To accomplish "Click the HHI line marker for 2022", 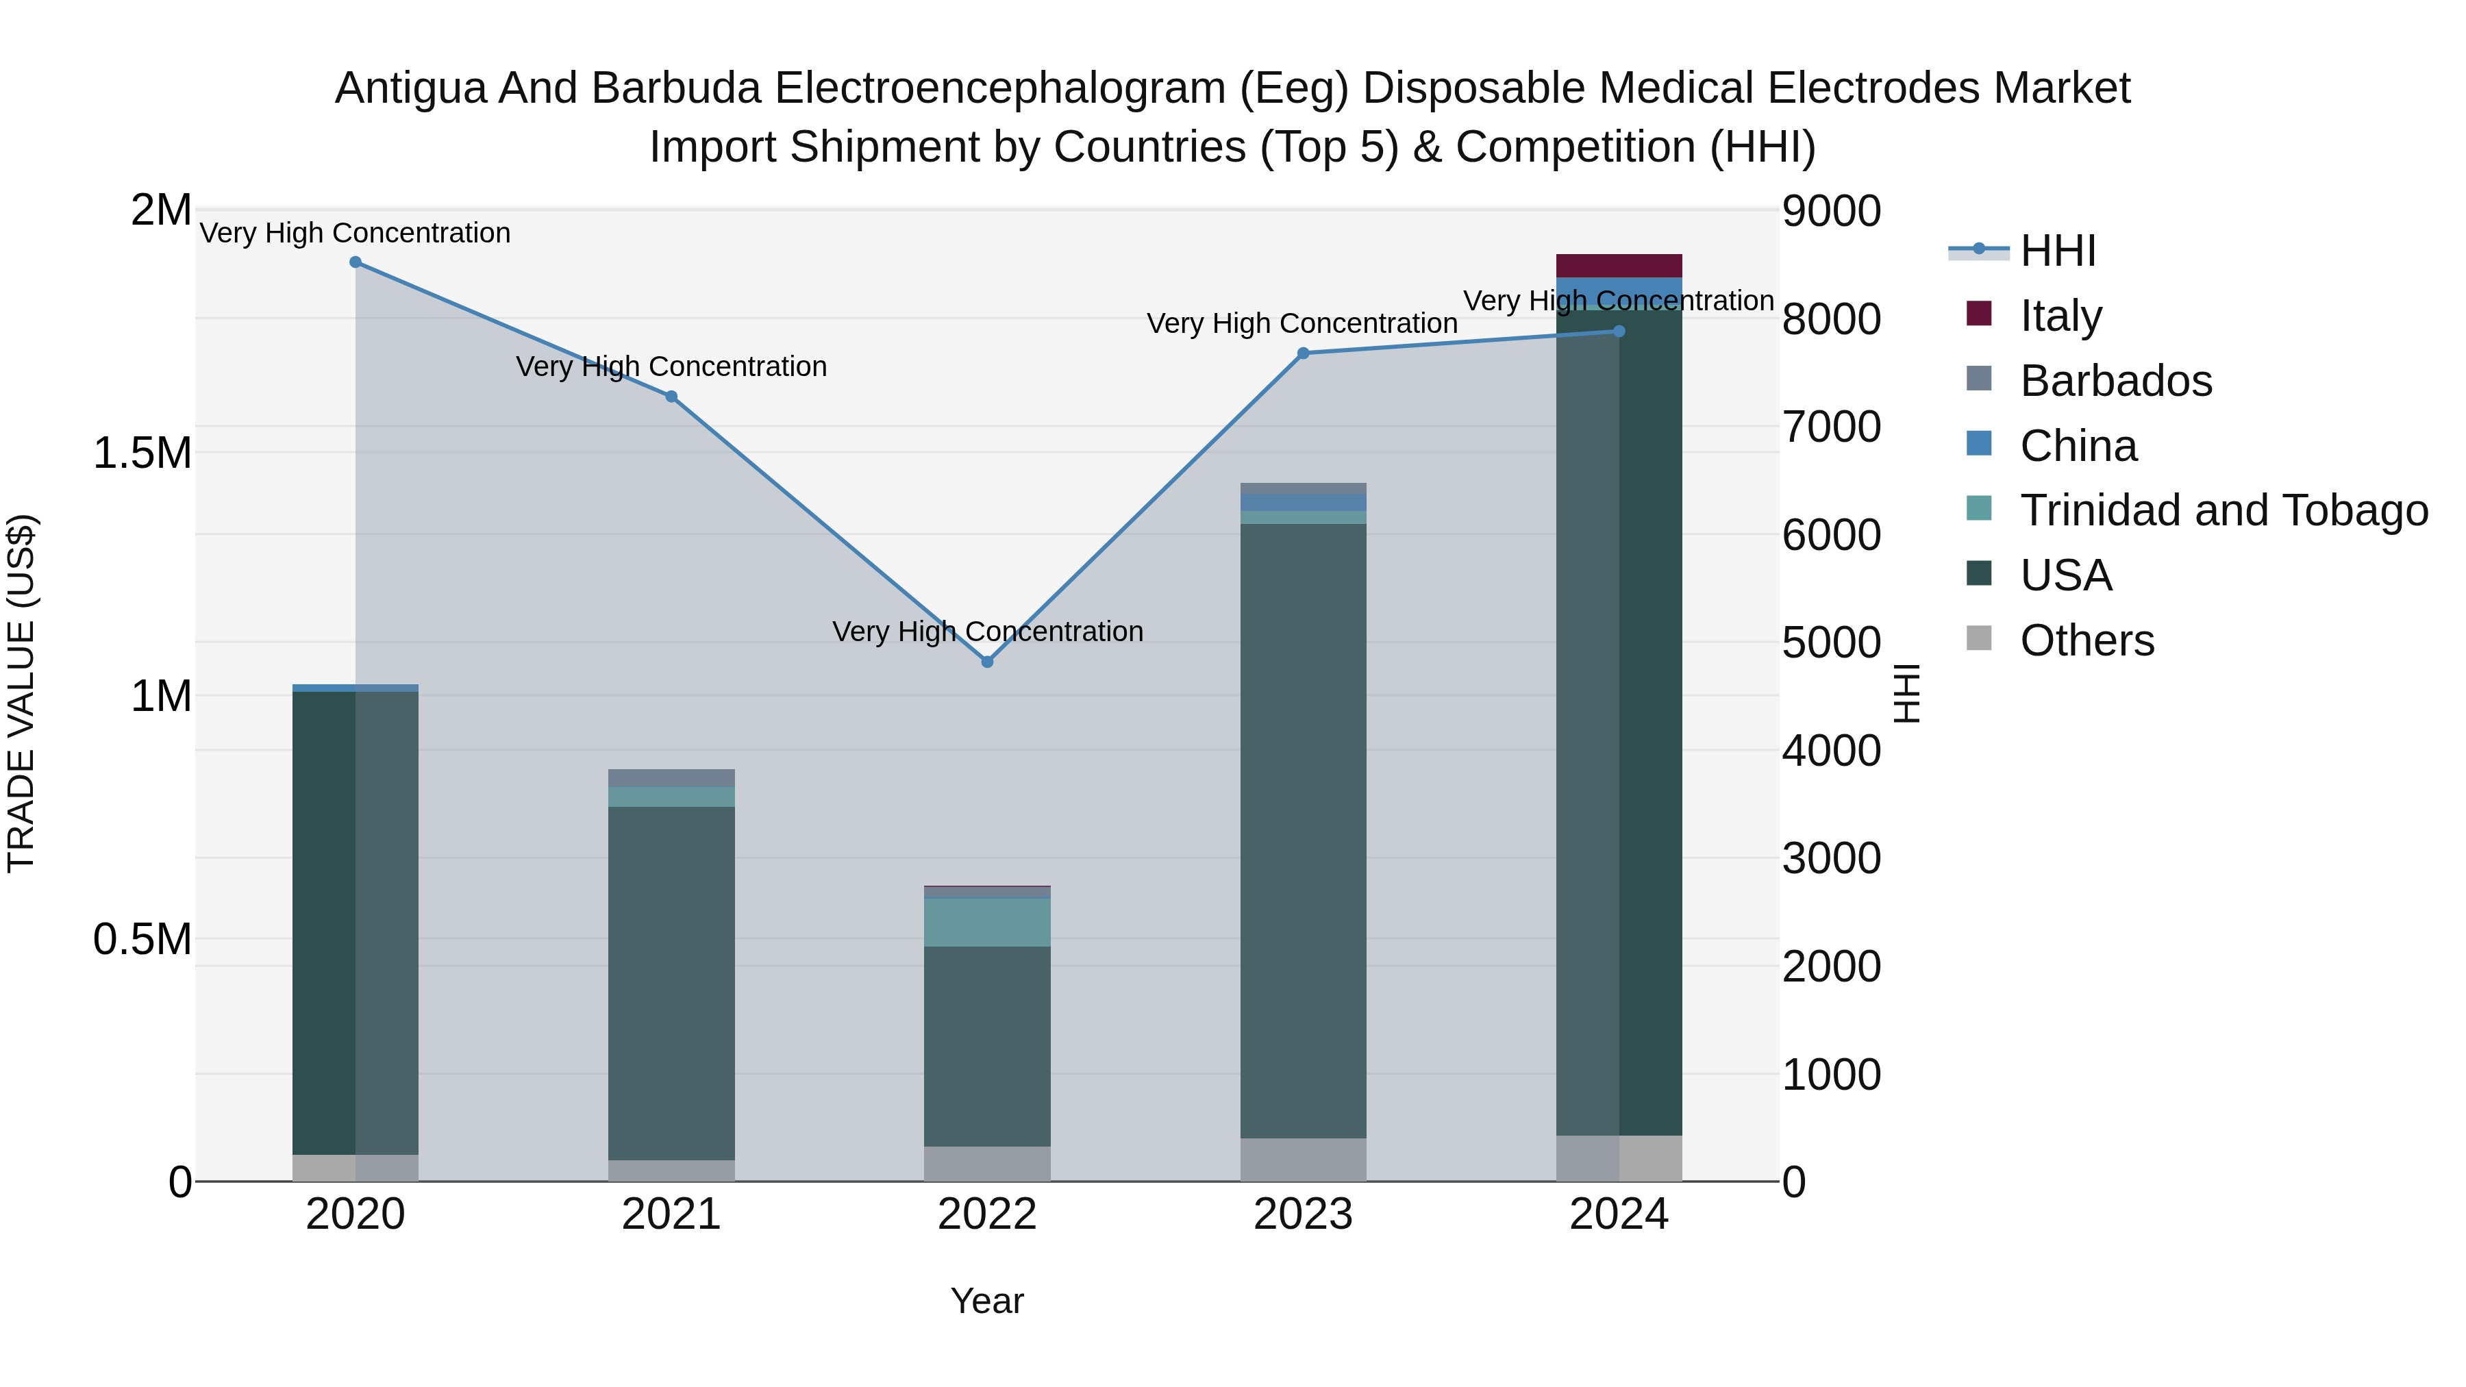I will (x=987, y=662).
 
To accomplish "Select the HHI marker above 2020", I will (x=355, y=262).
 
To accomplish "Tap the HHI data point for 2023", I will (x=1303, y=353).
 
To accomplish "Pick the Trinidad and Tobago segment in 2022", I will (x=987, y=922).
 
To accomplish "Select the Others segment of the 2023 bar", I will (x=1303, y=1159).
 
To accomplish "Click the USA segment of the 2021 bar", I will (x=671, y=983).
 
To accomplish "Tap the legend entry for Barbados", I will (x=2116, y=381).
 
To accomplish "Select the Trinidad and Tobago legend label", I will (x=2224, y=510).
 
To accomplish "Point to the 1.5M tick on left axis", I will (x=142, y=453).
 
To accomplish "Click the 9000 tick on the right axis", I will (x=1831, y=212).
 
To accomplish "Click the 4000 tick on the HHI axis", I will (x=1831, y=751).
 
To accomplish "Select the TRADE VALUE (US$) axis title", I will (x=21, y=693).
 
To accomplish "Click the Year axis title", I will (x=987, y=1301).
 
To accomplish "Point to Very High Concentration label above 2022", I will (x=987, y=632).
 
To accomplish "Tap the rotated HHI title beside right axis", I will (x=1907, y=693).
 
